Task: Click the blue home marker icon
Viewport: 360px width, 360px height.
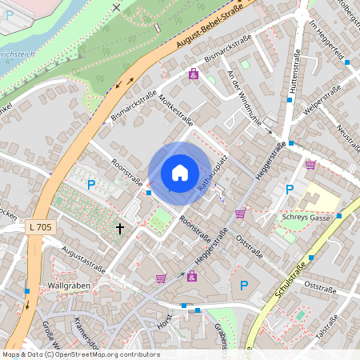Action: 180,173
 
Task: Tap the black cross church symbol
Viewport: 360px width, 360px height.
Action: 120,229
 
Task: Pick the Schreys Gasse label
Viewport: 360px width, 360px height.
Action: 306,217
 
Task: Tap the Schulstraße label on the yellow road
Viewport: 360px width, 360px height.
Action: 292,280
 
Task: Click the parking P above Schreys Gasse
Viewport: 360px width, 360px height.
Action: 290,190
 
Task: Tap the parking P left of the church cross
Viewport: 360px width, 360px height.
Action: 90,185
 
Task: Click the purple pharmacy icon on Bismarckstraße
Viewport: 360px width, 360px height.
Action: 193,74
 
